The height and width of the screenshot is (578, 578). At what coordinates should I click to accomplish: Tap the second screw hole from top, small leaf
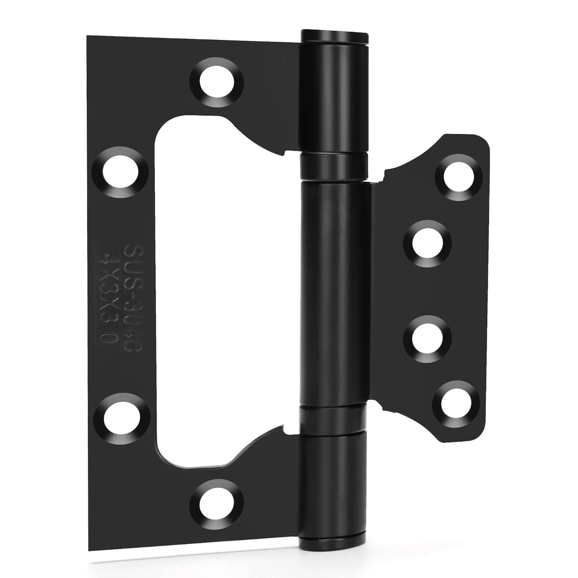point(427,243)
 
